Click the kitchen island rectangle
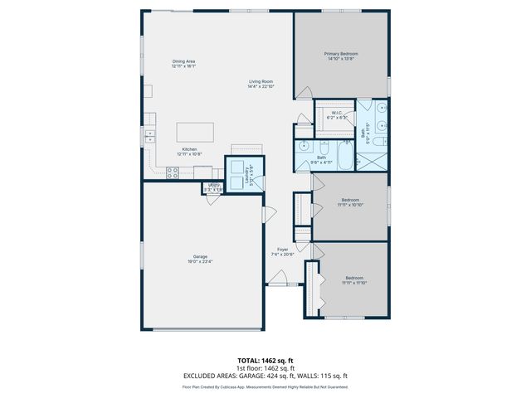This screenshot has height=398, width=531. click(x=194, y=133)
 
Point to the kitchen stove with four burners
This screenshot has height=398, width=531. click(x=173, y=172)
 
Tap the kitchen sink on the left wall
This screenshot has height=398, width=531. click(x=150, y=135)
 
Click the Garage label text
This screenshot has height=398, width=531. click(x=201, y=257)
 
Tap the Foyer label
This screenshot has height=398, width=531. click(x=283, y=250)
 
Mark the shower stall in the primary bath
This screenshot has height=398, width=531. click(x=372, y=158)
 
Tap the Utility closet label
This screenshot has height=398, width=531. click(x=213, y=187)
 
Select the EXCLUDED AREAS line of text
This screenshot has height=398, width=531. click(x=265, y=376)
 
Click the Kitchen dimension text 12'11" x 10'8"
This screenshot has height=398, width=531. click(x=190, y=154)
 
